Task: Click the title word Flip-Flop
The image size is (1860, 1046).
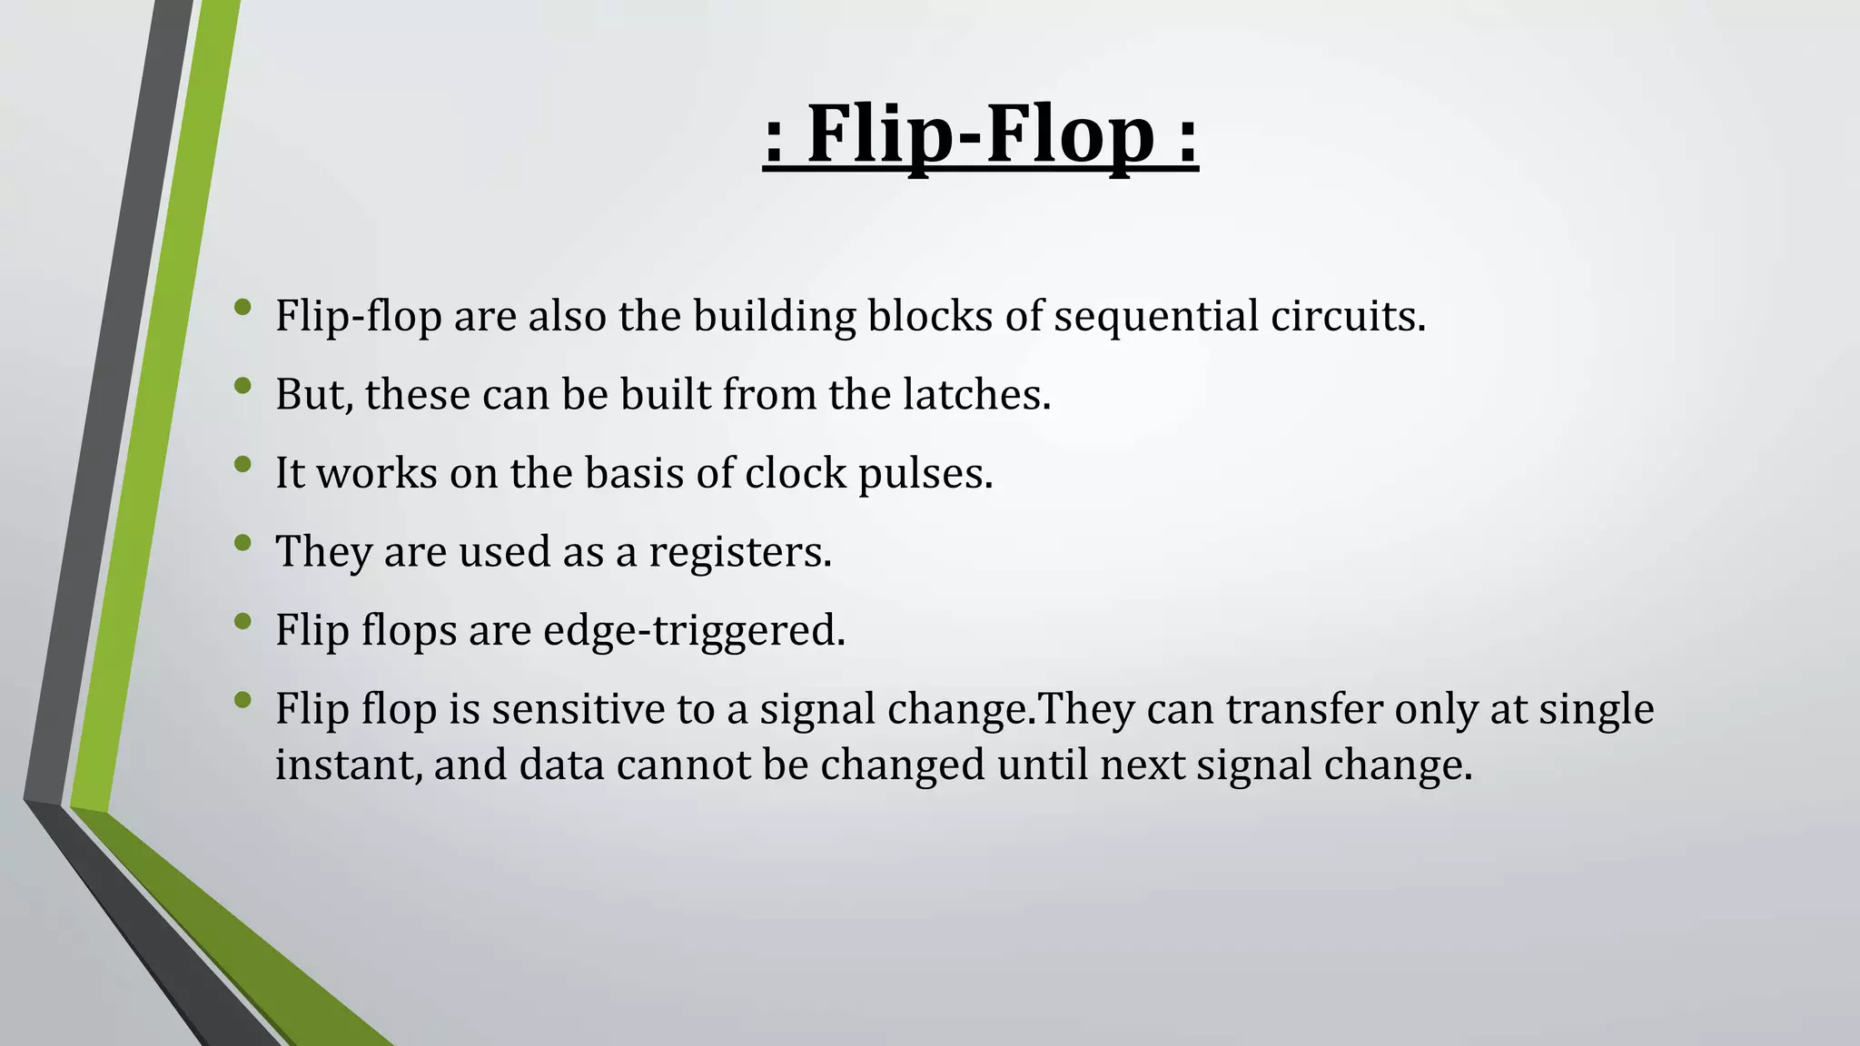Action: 980,134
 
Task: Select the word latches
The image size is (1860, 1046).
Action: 976,394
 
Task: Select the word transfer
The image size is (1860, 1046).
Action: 1304,708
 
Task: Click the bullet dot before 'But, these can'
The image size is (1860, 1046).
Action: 242,386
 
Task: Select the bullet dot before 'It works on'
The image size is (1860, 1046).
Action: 242,464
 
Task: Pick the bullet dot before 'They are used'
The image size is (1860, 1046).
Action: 242,543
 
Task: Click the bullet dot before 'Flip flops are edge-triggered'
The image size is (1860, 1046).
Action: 242,621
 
